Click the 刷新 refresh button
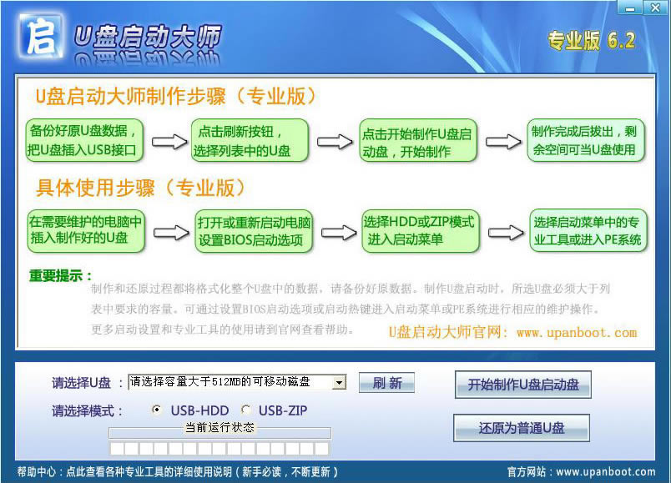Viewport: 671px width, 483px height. click(x=386, y=383)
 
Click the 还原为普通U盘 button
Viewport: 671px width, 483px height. click(x=522, y=428)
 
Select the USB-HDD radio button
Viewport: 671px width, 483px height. click(x=157, y=410)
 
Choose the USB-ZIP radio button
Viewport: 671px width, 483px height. click(x=245, y=410)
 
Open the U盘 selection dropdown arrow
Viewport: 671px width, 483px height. click(x=339, y=382)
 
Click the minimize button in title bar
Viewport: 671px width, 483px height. click(x=630, y=8)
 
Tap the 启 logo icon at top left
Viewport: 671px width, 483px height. click(x=40, y=38)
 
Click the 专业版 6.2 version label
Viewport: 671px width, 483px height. click(x=591, y=41)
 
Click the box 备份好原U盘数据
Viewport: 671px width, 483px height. click(x=85, y=141)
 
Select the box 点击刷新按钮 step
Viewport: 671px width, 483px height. click(x=250, y=141)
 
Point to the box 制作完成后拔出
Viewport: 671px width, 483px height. click(x=588, y=140)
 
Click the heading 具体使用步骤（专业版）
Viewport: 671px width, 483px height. click(x=139, y=188)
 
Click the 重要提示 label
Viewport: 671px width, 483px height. click(x=61, y=275)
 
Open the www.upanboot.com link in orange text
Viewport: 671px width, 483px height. click(x=576, y=332)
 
